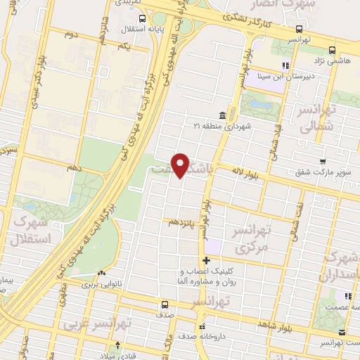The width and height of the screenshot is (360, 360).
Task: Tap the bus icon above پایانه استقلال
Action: coord(143,19)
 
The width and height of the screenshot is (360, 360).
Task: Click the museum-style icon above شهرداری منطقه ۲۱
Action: coord(222,115)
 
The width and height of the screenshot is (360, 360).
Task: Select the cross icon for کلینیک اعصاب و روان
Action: coord(206,261)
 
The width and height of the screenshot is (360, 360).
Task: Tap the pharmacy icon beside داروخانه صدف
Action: coord(202,326)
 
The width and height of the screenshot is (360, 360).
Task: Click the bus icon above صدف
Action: coord(165,305)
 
